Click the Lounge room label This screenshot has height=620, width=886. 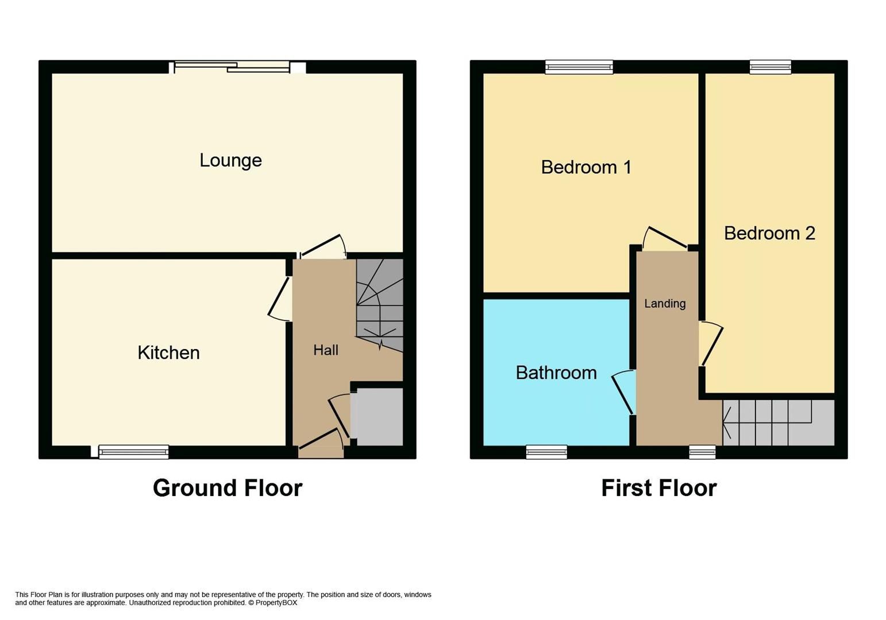tap(230, 160)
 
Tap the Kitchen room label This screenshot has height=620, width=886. tap(168, 352)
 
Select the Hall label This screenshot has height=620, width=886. tap(325, 350)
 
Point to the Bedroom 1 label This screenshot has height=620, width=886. tap(585, 167)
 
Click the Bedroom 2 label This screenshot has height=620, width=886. tap(769, 233)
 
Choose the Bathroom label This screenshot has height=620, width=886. tap(556, 373)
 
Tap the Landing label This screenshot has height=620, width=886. tap(664, 304)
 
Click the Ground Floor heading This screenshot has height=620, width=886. tap(227, 488)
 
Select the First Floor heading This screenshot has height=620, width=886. tap(658, 488)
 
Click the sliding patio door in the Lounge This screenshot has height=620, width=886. tap(232, 67)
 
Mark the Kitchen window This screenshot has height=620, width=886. tap(133, 452)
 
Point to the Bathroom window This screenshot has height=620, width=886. tap(546, 452)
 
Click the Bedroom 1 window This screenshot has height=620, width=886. tap(579, 67)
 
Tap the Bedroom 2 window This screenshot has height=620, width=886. tap(770, 67)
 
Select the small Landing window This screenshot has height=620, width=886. tap(702, 452)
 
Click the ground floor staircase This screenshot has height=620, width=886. tap(379, 304)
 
